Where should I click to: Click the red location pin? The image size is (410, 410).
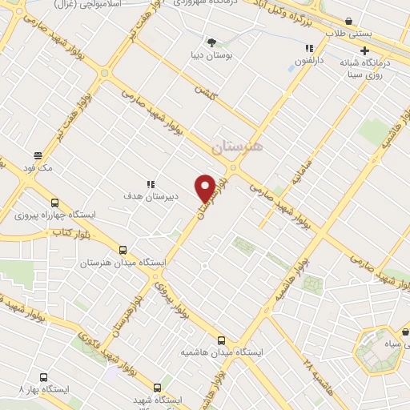click(206, 187)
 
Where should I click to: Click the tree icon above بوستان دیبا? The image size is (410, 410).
click(211, 42)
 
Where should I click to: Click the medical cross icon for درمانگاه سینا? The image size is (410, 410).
click(387, 50)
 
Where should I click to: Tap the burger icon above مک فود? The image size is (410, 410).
click(38, 155)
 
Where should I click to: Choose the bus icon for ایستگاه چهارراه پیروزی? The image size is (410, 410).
click(54, 203)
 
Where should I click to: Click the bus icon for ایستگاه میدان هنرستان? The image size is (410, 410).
click(123, 249)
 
